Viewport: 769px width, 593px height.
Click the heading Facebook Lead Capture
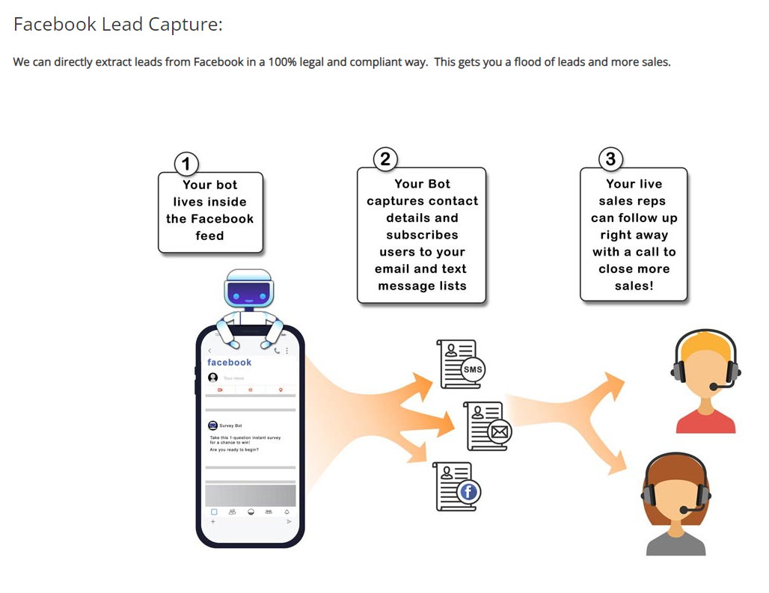pos(118,25)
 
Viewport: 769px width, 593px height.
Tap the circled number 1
pos(186,164)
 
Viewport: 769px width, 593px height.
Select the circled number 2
pos(385,159)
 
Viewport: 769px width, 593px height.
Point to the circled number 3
pos(611,159)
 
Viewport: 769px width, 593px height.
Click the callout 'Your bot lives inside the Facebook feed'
pos(210,211)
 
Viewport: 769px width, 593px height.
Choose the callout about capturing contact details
pos(422,235)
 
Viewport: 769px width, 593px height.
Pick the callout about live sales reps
pos(634,235)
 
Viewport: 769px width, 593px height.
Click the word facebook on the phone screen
pos(230,363)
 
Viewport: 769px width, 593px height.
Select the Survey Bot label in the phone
pos(230,425)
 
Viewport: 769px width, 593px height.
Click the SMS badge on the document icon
pos(473,369)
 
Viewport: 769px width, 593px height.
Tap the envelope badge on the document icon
pos(499,431)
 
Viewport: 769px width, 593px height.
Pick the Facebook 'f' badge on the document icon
pos(468,491)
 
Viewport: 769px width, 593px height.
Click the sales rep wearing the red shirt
pos(705,385)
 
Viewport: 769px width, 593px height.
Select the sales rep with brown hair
pos(675,505)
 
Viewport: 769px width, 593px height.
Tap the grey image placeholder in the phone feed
pos(251,495)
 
